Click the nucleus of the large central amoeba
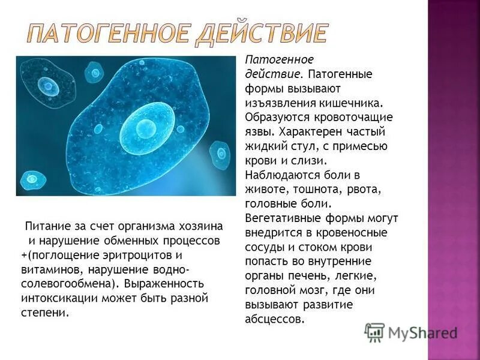(145, 127)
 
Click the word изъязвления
(278, 102)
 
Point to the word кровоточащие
(355, 116)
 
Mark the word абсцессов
(275, 319)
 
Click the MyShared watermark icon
(374, 332)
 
